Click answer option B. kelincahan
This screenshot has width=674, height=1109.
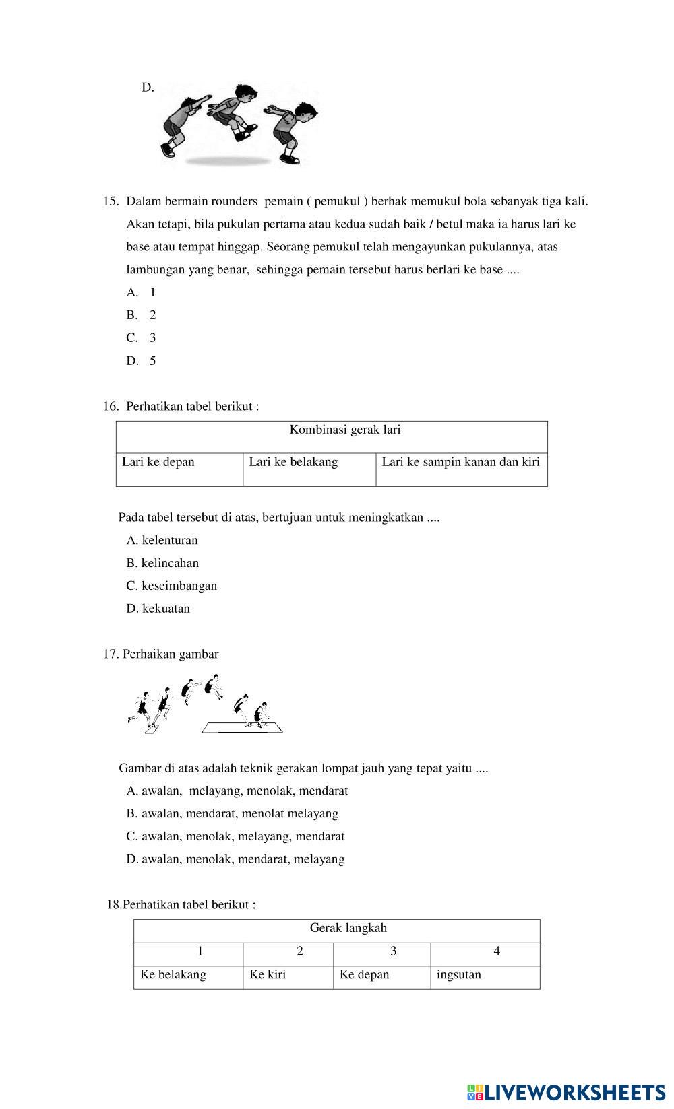pyautogui.click(x=162, y=563)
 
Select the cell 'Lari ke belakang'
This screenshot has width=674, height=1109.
pyautogui.click(x=293, y=462)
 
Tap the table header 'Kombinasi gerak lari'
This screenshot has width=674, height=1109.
pyautogui.click(x=344, y=430)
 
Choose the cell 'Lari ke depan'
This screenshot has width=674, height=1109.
pyautogui.click(x=158, y=462)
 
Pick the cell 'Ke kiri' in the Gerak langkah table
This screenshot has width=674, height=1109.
pyautogui.click(x=268, y=974)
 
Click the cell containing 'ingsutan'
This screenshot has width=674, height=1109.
pyautogui.click(x=458, y=974)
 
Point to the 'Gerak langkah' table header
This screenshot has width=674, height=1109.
pyautogui.click(x=348, y=928)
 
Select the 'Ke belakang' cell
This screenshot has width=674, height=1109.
pyautogui.click(x=173, y=974)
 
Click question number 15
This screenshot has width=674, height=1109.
pyautogui.click(x=111, y=201)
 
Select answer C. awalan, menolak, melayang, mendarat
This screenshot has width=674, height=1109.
pyautogui.click(x=235, y=836)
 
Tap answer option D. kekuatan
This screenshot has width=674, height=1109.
pyautogui.click(x=158, y=609)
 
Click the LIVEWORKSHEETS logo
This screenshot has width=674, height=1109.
pyautogui.click(x=565, y=1092)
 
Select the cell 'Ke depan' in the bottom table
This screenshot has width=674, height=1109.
pyautogui.click(x=364, y=974)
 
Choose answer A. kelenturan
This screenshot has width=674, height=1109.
pyautogui.click(x=162, y=540)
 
